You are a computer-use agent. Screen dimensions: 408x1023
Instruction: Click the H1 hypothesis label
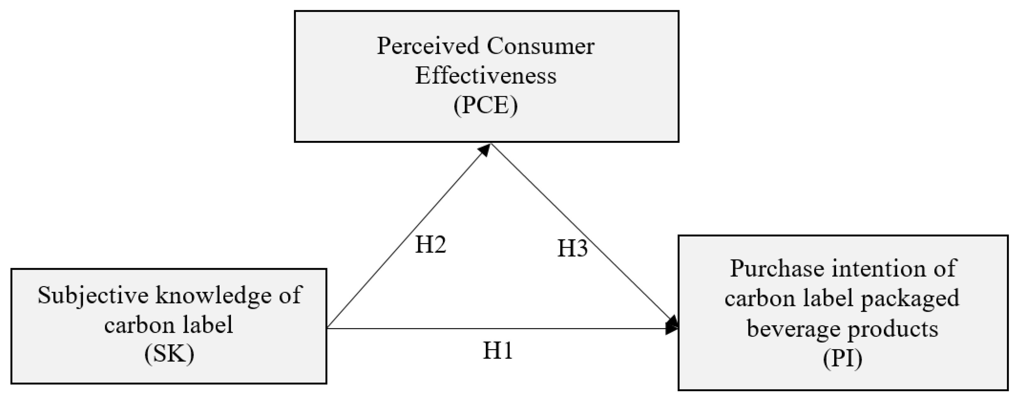click(498, 351)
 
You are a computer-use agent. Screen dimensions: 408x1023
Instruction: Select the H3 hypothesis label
click(572, 249)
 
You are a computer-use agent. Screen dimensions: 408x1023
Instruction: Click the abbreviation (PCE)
click(485, 106)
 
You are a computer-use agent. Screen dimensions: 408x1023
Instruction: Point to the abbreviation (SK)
click(169, 354)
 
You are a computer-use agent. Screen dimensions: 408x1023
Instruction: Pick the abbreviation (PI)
click(842, 359)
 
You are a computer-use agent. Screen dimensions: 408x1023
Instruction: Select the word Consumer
click(541, 46)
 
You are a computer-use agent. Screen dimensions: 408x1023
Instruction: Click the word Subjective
click(93, 296)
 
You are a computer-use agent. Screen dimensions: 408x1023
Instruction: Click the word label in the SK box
click(208, 324)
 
